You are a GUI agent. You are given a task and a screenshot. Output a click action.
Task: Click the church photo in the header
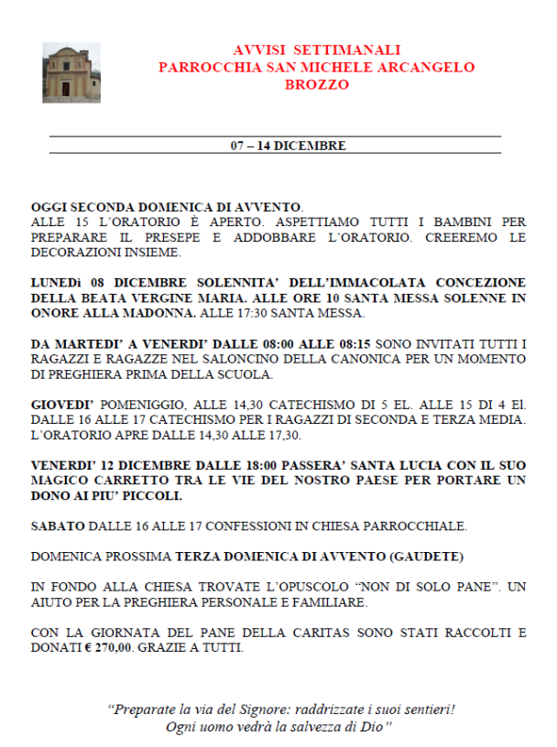71,73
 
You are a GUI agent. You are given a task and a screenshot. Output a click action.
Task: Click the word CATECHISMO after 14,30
272,405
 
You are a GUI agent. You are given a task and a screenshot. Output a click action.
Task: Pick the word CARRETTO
119,481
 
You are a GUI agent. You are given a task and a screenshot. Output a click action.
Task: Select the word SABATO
57,526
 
